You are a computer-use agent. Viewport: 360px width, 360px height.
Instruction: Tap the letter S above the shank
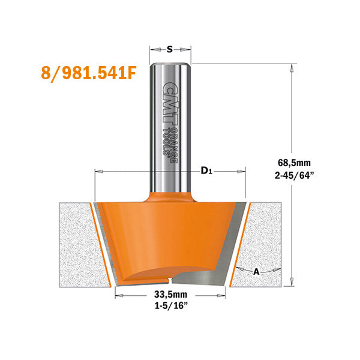[170, 50]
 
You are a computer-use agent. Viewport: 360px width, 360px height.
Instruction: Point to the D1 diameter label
[206, 172]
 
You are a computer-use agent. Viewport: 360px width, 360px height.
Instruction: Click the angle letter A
[256, 271]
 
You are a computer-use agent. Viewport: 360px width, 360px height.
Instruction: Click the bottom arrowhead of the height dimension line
[292, 283]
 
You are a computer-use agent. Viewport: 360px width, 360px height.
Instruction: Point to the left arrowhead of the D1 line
[98, 172]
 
